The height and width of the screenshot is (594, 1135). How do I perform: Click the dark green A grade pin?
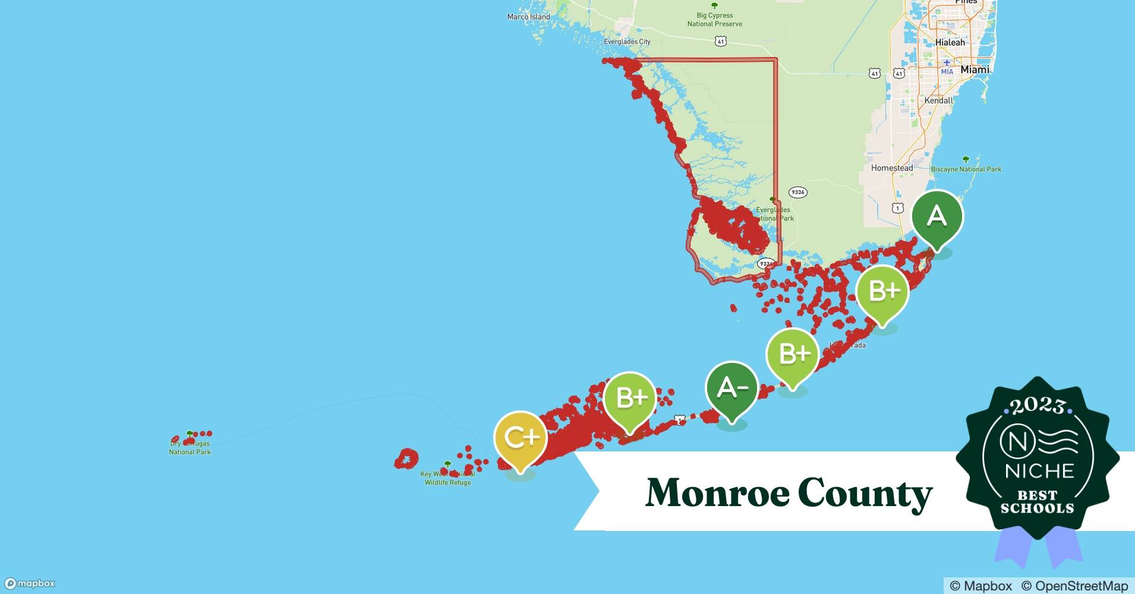coord(937,216)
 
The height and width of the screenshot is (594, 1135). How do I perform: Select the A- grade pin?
coord(732,388)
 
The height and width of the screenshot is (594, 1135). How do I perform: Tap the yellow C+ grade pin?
coord(521,438)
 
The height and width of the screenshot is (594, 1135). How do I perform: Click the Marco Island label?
coord(528,17)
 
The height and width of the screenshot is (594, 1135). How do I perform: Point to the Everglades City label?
coord(627,42)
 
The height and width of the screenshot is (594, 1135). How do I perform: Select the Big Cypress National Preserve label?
coord(714,20)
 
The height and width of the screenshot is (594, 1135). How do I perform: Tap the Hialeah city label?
coord(950,43)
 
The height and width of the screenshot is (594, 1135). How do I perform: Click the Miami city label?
coord(975,69)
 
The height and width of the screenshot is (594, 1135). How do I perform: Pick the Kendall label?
coord(938,100)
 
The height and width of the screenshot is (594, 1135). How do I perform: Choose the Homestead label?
coord(891,168)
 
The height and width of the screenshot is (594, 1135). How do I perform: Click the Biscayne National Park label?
coord(966,169)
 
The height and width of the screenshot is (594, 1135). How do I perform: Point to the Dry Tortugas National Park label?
coord(190,447)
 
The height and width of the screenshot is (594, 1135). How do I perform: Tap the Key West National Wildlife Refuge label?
coord(447,478)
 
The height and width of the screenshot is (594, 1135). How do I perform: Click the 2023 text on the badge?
coord(1038,406)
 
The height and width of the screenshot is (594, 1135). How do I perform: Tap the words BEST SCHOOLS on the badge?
coord(1038,502)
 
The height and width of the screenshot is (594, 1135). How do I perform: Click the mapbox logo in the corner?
coord(30,583)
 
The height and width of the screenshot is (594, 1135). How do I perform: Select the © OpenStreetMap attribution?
coord(1074,586)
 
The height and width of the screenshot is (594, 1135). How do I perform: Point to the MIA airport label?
coord(947,72)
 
